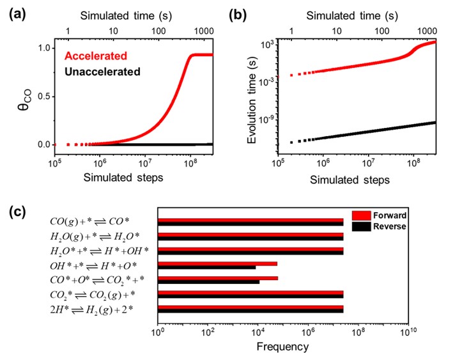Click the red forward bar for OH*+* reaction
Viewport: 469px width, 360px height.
217,263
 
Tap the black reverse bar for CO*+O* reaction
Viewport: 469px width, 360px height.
208,281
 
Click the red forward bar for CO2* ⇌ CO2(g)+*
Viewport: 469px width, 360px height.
250,292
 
